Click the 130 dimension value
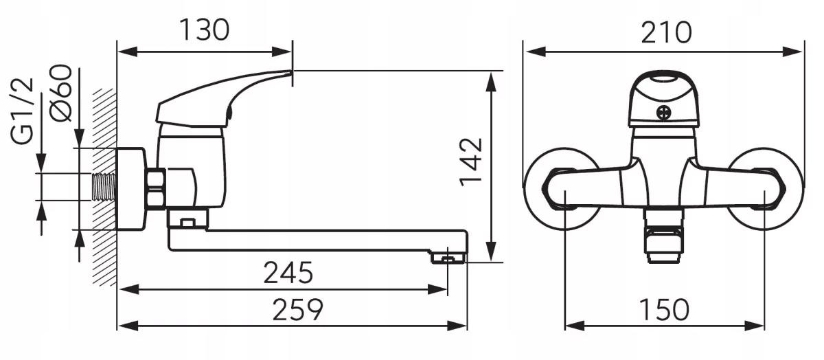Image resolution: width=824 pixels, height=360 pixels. coord(204,30)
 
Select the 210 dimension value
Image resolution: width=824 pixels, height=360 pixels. coord(666,32)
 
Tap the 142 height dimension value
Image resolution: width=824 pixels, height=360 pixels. coord(471,161)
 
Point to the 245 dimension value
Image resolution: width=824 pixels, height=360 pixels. coord(288,273)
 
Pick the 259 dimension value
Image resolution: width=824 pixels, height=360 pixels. coord(297,310)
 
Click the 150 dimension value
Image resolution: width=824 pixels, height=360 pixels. coord(663,310)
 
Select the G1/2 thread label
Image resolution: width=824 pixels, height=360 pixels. coord(23,111)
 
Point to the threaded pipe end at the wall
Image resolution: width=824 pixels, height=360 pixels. coord(104,186)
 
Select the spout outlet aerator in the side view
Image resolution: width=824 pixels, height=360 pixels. coord(448,259)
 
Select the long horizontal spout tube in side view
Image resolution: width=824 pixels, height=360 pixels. coord(316,240)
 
